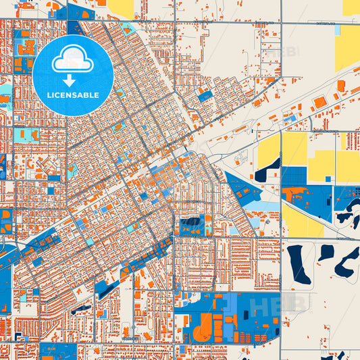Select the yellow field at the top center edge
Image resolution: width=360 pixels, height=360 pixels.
pos(122,8)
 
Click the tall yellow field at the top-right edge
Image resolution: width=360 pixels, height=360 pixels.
pos(347,47)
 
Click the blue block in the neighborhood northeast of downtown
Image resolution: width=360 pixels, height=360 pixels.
pos(204,96)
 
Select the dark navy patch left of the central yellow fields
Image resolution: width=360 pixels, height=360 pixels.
pos(266,171)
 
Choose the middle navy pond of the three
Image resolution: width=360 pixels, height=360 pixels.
pos(327,253)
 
